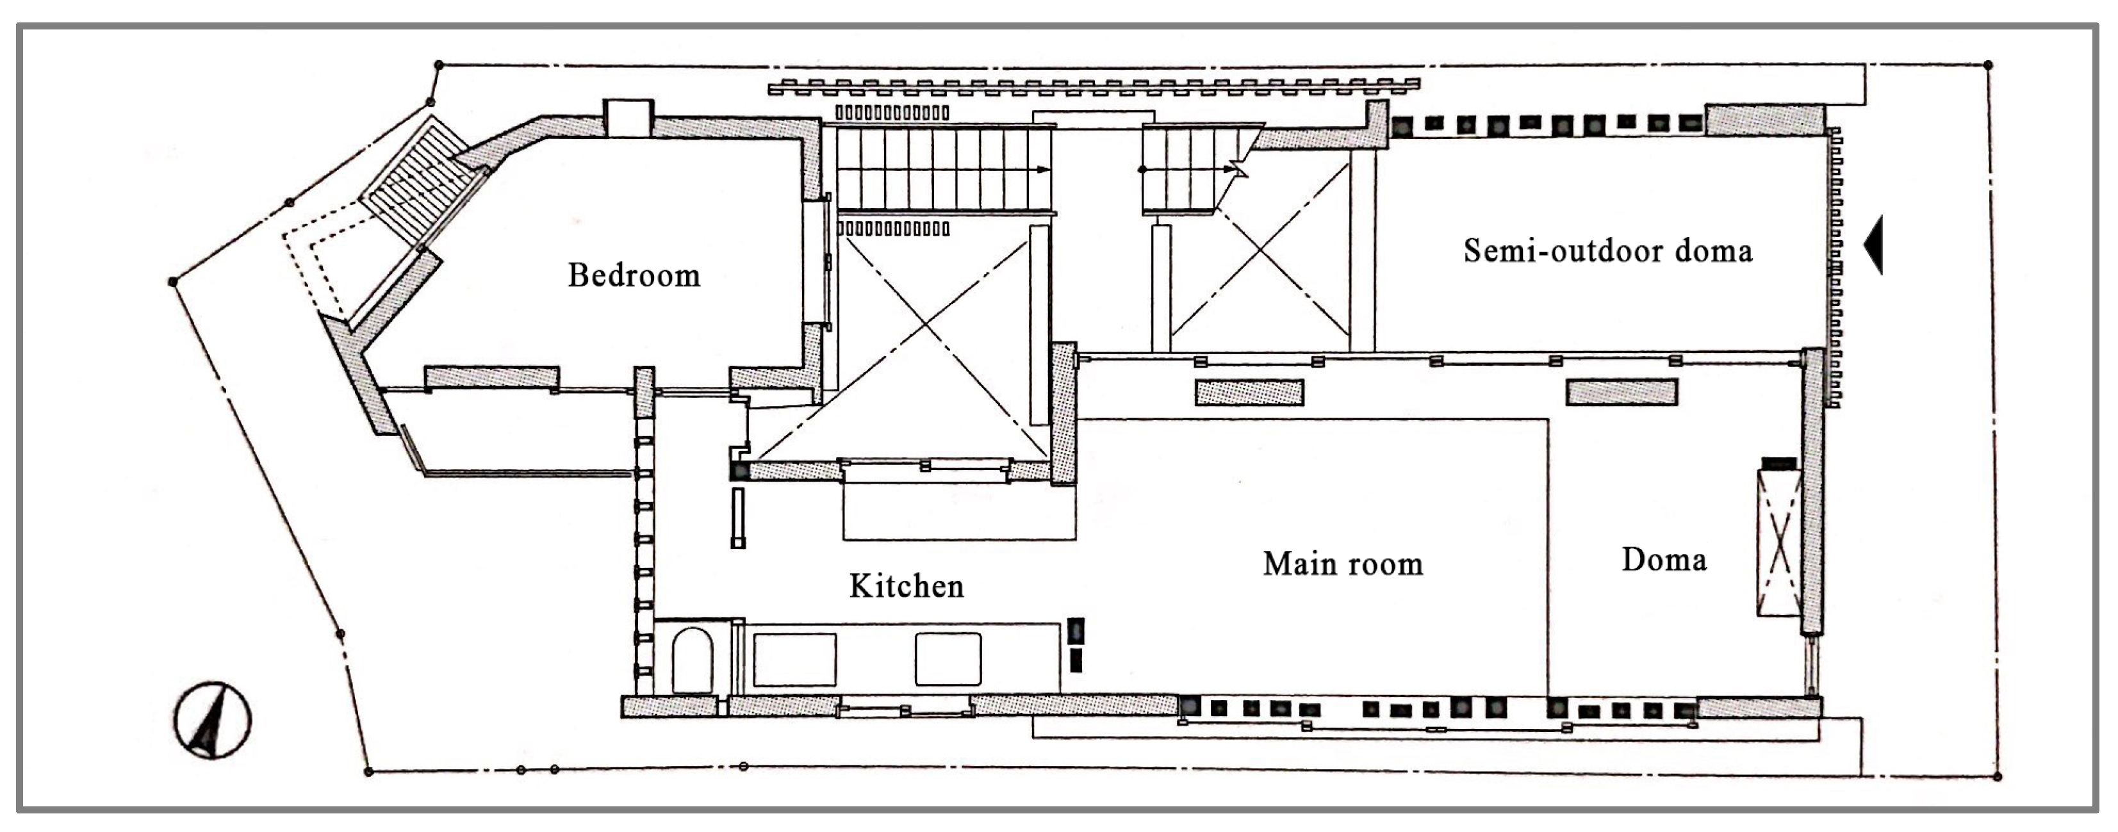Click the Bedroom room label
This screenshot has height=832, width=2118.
pos(634,275)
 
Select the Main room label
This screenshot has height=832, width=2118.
pos(1343,564)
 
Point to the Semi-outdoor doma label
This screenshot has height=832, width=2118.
pos(1607,250)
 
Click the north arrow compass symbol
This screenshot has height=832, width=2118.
pos(212,719)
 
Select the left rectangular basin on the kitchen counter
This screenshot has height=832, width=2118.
pos(794,659)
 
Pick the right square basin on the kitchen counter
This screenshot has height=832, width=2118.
pos(948,659)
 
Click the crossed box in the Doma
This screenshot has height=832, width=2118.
pos(1779,543)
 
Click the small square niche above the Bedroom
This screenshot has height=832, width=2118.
pos(628,118)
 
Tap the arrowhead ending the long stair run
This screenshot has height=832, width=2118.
pos(1044,170)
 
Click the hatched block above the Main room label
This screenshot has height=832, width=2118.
pos(1249,392)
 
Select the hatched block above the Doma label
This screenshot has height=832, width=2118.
pos(1621,392)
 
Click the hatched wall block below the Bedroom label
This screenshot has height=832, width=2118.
pos(491,377)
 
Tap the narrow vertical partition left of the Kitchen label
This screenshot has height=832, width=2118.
pos(738,518)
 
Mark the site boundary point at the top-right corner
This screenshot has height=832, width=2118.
pos(1988,65)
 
